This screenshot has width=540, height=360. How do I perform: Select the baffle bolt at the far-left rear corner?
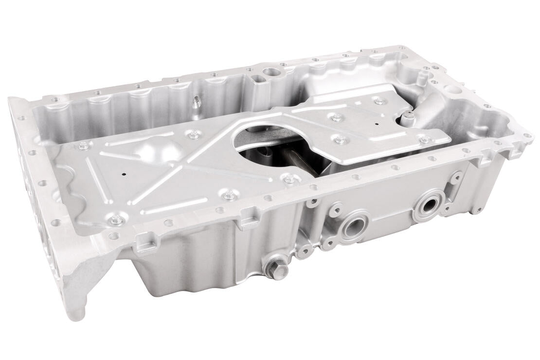[x=84, y=145]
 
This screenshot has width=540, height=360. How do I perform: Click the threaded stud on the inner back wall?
[x=197, y=103]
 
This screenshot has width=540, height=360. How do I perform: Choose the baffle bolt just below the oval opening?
[x=290, y=179]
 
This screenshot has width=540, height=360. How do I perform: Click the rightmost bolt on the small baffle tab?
[x=425, y=140]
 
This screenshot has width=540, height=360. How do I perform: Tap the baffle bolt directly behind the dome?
[x=194, y=135]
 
